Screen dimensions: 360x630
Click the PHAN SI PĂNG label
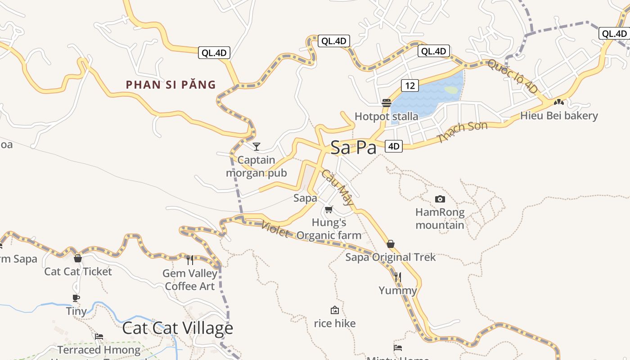[171, 85]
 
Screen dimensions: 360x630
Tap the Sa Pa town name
[353, 148]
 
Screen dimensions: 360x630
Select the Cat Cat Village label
[178, 328]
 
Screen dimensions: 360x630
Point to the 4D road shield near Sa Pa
[393, 146]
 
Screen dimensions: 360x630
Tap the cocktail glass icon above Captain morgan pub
[256, 146]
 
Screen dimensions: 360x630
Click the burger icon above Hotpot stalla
[386, 103]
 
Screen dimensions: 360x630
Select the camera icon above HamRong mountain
[440, 199]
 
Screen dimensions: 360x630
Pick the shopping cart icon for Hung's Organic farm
[329, 209]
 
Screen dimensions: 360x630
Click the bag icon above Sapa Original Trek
[391, 244]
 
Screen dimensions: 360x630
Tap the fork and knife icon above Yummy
[398, 277]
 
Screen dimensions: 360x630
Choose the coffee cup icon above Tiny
[76, 298]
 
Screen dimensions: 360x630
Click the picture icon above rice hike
[334, 310]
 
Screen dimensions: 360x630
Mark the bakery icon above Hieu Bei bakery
[559, 103]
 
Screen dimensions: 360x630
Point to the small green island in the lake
[451, 90]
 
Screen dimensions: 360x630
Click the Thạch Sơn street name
[462, 132]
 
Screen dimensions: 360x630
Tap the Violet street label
[275, 229]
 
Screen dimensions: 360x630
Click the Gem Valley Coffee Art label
[190, 279]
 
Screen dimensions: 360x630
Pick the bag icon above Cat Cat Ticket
[78, 258]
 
